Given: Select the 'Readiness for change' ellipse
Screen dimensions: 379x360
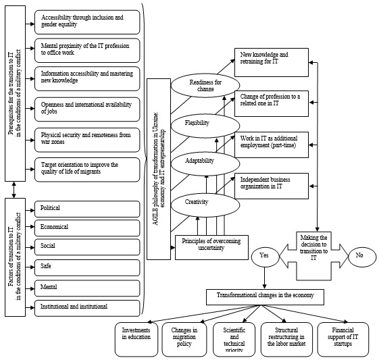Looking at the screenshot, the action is [x=205, y=85].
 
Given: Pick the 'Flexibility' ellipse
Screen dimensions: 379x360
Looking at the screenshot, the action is [x=205, y=126].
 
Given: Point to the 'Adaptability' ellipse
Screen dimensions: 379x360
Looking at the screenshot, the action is [x=205, y=163].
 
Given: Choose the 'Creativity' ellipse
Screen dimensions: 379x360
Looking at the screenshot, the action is [x=205, y=205].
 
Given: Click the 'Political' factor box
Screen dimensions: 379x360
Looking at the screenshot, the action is [x=87, y=209].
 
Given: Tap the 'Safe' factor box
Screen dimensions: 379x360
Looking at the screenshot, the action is [x=87, y=267].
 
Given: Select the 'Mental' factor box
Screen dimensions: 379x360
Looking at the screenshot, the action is [x=87, y=288].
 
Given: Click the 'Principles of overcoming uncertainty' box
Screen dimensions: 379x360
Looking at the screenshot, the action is [x=211, y=247].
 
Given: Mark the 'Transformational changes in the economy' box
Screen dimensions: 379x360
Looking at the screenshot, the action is [x=265, y=297].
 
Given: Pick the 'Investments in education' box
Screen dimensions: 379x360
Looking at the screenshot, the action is [x=136, y=339].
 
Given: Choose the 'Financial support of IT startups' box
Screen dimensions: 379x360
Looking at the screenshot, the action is [x=343, y=339].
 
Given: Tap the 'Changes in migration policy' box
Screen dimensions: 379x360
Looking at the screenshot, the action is [x=184, y=339].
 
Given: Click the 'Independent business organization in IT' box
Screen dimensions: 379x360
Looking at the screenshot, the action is [x=272, y=186].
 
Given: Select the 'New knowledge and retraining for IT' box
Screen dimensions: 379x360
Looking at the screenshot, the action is [x=272, y=63].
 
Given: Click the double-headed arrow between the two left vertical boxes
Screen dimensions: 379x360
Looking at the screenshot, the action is [x=14, y=190].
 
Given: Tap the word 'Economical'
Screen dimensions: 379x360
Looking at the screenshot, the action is [x=54, y=227].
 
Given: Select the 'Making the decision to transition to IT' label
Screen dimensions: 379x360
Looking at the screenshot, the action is [x=313, y=248].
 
